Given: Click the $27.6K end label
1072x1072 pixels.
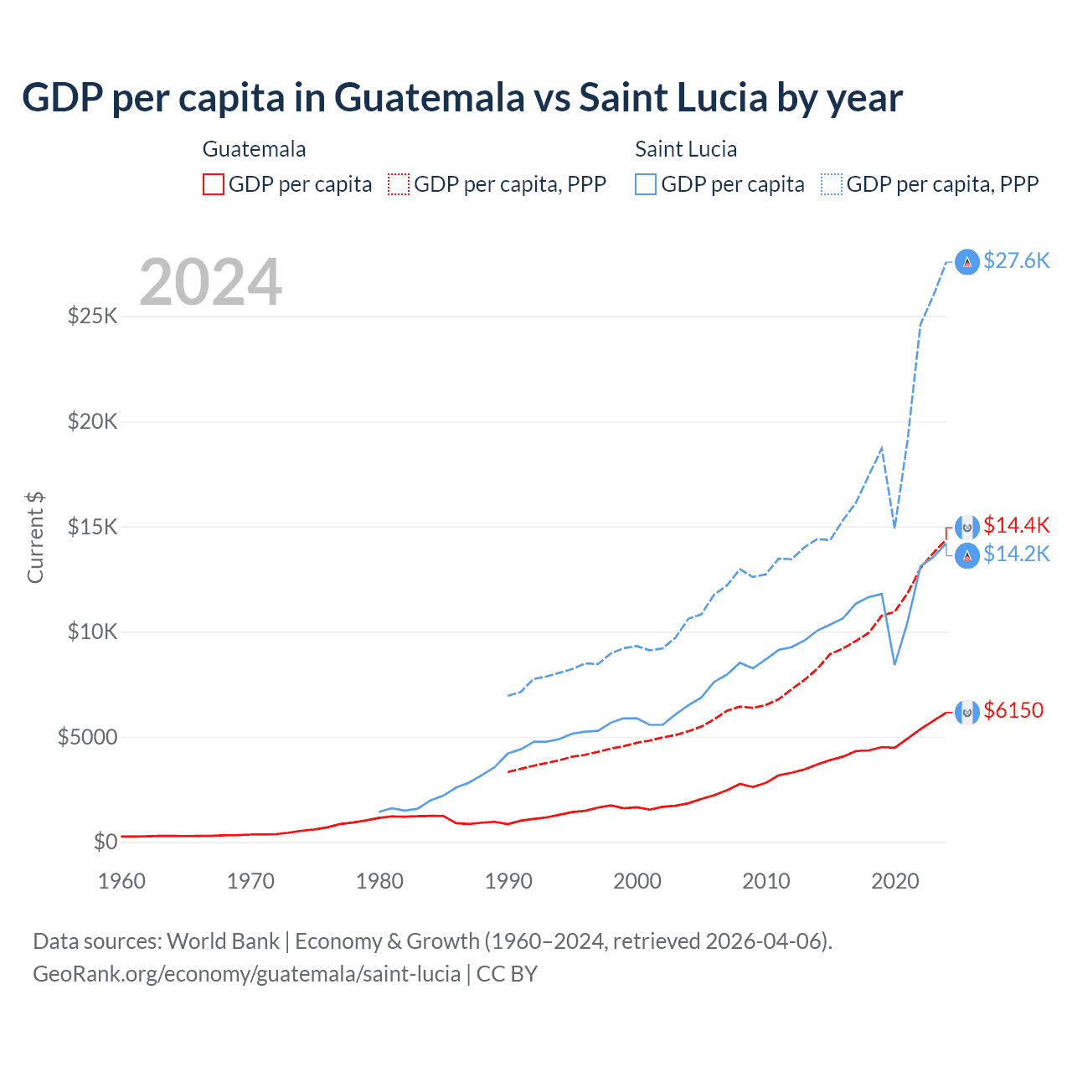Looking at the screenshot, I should point(1016,260).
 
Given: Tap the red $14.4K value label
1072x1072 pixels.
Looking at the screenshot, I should point(1016,525).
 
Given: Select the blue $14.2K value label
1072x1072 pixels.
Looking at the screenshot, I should point(1016,554).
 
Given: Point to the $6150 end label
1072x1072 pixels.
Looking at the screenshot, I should point(1013,710).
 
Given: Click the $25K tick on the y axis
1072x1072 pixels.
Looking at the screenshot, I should point(92,317).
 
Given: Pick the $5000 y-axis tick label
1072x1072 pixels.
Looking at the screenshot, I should point(87,737).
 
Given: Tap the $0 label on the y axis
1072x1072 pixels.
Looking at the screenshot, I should point(105,842).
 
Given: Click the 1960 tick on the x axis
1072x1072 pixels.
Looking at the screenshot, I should point(121,881).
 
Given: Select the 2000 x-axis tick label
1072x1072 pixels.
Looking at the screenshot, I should point(637,881).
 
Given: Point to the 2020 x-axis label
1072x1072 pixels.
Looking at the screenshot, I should point(895,881).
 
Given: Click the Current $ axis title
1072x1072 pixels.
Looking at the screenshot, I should point(35,537).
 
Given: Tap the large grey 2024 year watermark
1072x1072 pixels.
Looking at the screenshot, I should point(210,282).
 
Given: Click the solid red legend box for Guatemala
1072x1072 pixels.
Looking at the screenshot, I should point(214,184).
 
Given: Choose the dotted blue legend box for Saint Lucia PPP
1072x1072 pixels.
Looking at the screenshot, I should point(832,184).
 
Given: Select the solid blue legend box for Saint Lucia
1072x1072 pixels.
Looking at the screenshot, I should point(646,184).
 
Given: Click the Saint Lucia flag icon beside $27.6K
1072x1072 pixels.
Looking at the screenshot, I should point(967,262).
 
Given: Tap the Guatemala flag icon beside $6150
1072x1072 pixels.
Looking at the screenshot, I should point(967,712).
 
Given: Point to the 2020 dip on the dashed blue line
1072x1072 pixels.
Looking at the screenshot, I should point(894,527).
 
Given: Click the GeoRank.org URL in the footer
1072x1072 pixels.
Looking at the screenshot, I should point(246,974).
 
